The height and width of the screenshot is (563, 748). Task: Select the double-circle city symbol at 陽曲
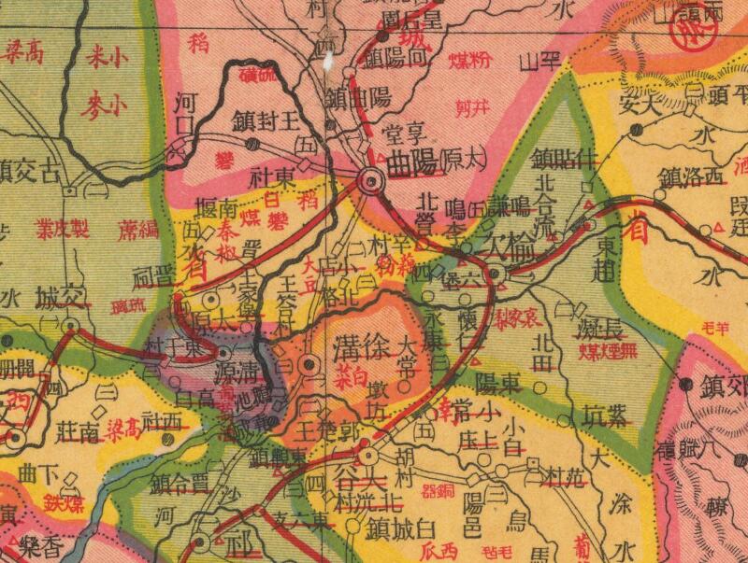371,181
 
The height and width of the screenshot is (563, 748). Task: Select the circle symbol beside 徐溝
309,364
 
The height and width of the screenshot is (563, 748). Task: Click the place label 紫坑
602,415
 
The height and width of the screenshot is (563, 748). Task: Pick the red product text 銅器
439,489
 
